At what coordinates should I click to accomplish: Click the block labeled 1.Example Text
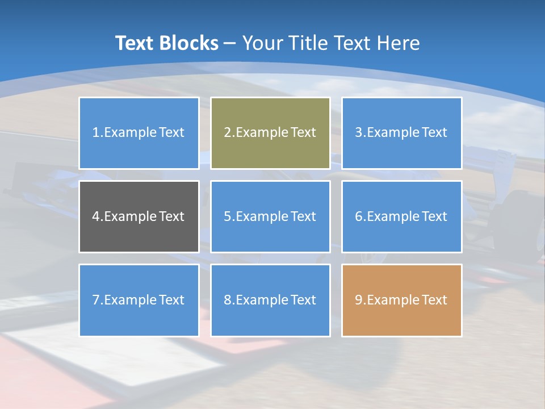(139, 133)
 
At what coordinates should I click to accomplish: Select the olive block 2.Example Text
(270, 133)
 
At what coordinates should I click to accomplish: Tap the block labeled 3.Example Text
(401, 133)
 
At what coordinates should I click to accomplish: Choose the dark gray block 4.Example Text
(139, 216)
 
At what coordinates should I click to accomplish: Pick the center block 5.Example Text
(270, 216)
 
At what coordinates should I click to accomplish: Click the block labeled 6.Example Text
(401, 216)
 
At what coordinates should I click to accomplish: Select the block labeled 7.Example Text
(139, 300)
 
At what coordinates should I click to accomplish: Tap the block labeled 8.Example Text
(270, 300)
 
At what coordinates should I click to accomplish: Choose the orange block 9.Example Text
(401, 300)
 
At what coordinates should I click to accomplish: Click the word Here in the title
(399, 43)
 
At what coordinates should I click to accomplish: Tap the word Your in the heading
(263, 43)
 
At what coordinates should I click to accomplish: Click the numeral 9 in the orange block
(359, 300)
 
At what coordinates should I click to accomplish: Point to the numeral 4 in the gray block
(96, 216)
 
